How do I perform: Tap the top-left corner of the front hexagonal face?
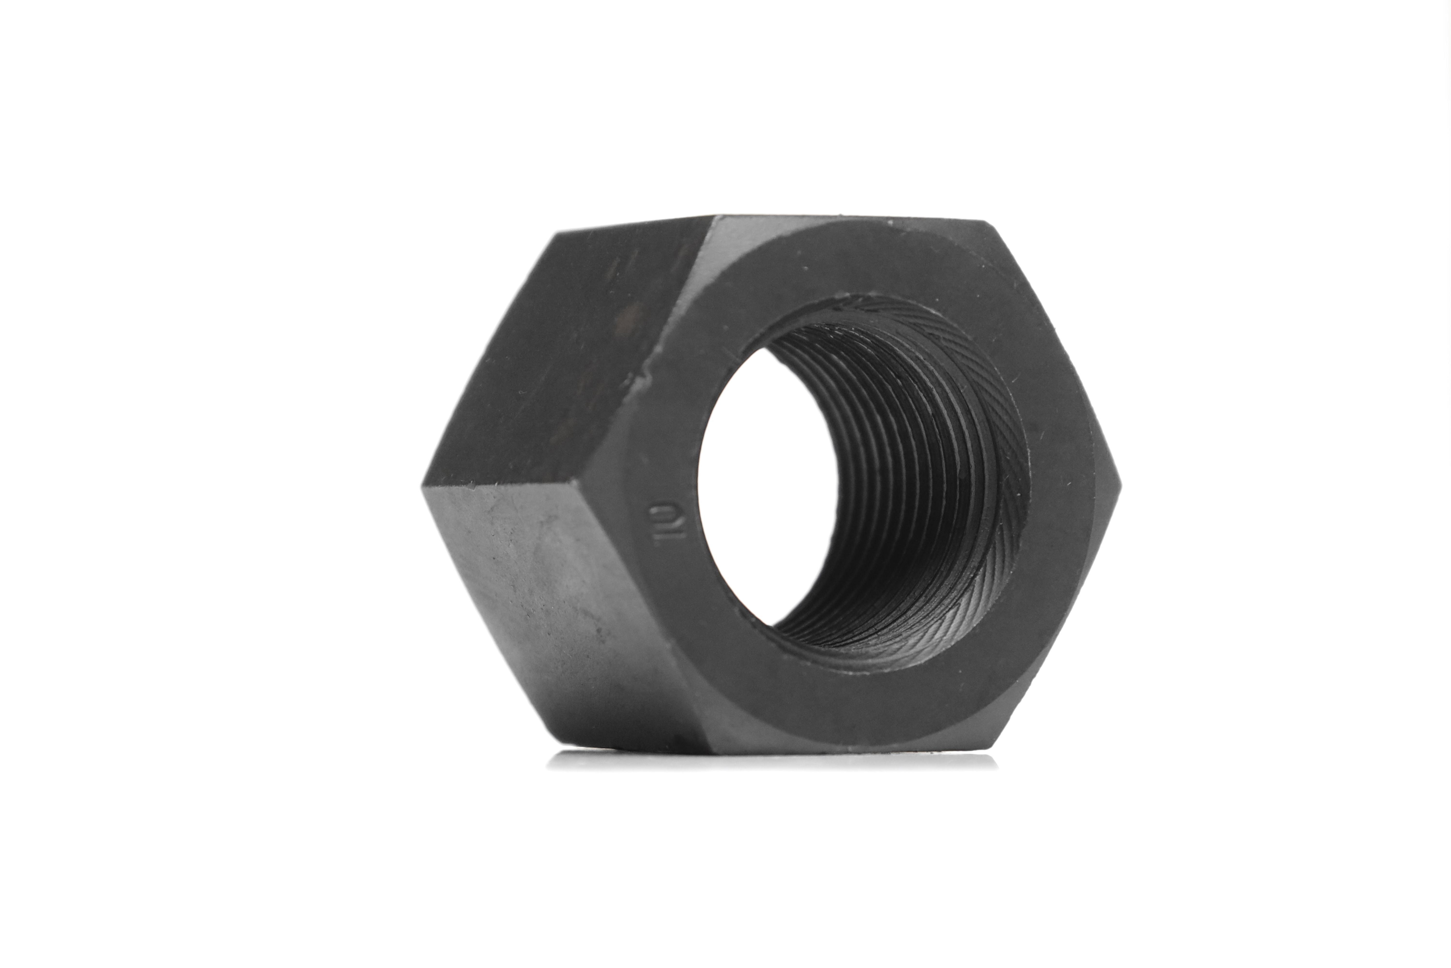point(715,216)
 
